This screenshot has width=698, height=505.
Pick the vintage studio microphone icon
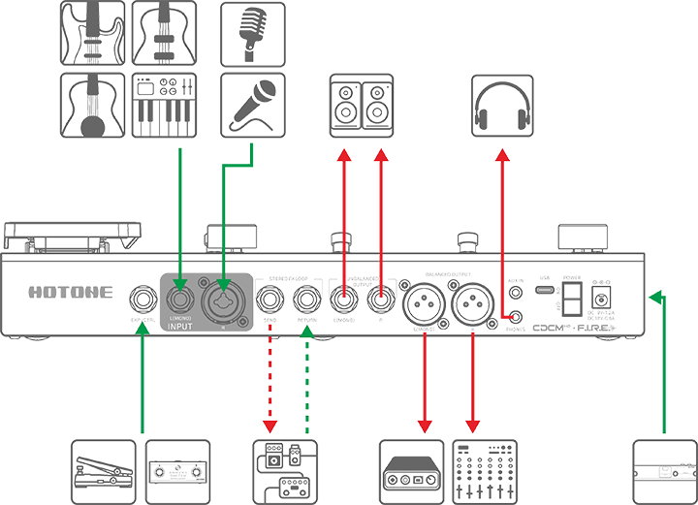252,34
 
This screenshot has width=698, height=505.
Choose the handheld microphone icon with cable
252,105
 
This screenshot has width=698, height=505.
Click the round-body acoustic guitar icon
93,105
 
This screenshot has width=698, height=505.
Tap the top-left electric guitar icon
93,34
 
